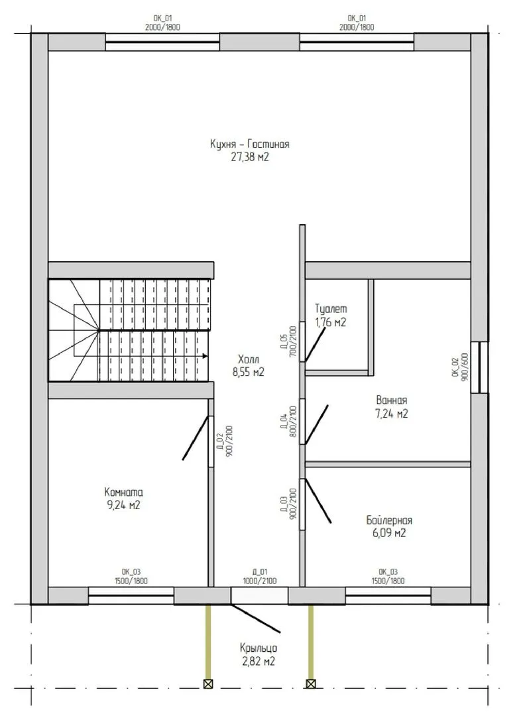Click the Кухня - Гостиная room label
click(250, 145)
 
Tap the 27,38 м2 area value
click(250, 158)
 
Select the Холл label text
click(249, 359)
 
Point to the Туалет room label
click(331, 309)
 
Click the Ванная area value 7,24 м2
click(392, 414)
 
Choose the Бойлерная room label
click(389, 520)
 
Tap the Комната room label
click(124, 492)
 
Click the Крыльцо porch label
click(259, 648)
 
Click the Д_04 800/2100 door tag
click(288, 421)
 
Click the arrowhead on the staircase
click(206, 356)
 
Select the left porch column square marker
click(208, 684)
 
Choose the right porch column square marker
click(311, 684)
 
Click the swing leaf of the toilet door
click(316, 343)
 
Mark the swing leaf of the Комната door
click(196, 438)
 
